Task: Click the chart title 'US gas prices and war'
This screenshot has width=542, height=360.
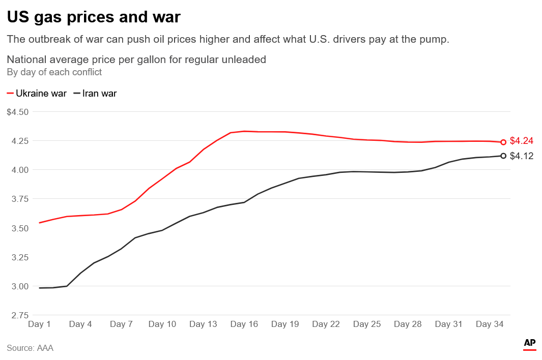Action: coord(94,17)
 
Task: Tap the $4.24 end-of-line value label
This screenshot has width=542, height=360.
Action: coord(522,141)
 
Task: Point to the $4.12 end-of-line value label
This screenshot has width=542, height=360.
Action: coord(522,156)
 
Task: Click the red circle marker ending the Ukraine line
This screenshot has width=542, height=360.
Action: coord(503,142)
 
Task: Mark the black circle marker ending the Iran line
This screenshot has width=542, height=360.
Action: coord(503,156)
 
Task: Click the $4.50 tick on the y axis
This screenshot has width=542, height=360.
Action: coord(18,112)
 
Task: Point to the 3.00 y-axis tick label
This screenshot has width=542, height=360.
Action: coord(20,286)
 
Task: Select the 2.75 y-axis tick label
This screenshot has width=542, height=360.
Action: coord(20,315)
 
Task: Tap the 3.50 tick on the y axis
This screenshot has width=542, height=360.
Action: coord(20,228)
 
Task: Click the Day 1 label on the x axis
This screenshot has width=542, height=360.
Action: coord(40,324)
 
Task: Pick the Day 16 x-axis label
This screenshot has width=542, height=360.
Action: coord(244,324)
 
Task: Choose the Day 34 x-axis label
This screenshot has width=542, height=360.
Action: coord(490,324)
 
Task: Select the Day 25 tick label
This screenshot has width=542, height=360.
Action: coord(367,324)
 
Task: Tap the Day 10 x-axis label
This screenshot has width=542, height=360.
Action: coord(162,324)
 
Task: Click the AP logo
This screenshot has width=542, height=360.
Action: coord(530,344)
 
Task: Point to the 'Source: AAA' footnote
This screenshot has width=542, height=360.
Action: coord(30,348)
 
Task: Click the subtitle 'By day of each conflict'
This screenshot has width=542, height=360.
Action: coord(54,72)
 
